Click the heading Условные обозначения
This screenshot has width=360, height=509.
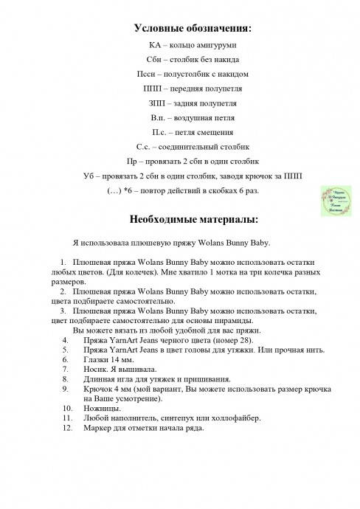(192, 29)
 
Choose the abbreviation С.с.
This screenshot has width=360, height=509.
(136, 145)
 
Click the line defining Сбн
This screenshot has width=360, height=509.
(192, 59)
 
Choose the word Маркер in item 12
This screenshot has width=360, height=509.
(100, 428)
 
